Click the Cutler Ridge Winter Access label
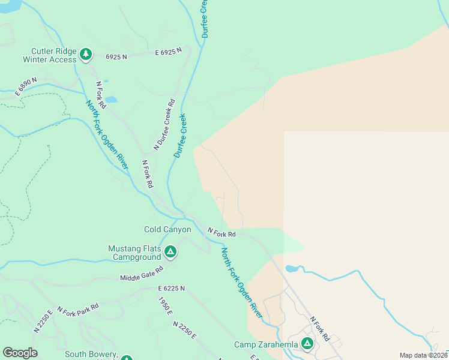50,55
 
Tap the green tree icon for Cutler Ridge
86,55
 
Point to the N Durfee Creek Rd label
164,124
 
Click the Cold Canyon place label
167,229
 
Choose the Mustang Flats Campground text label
136,253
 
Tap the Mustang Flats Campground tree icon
170,252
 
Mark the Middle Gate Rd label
142,274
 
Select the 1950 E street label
165,306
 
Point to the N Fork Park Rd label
77,308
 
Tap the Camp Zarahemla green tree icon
307,344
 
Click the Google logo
20,353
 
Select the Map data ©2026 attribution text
424,355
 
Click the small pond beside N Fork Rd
111,100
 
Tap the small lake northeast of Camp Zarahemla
292,268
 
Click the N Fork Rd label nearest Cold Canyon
221,232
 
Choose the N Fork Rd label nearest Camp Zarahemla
320,329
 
